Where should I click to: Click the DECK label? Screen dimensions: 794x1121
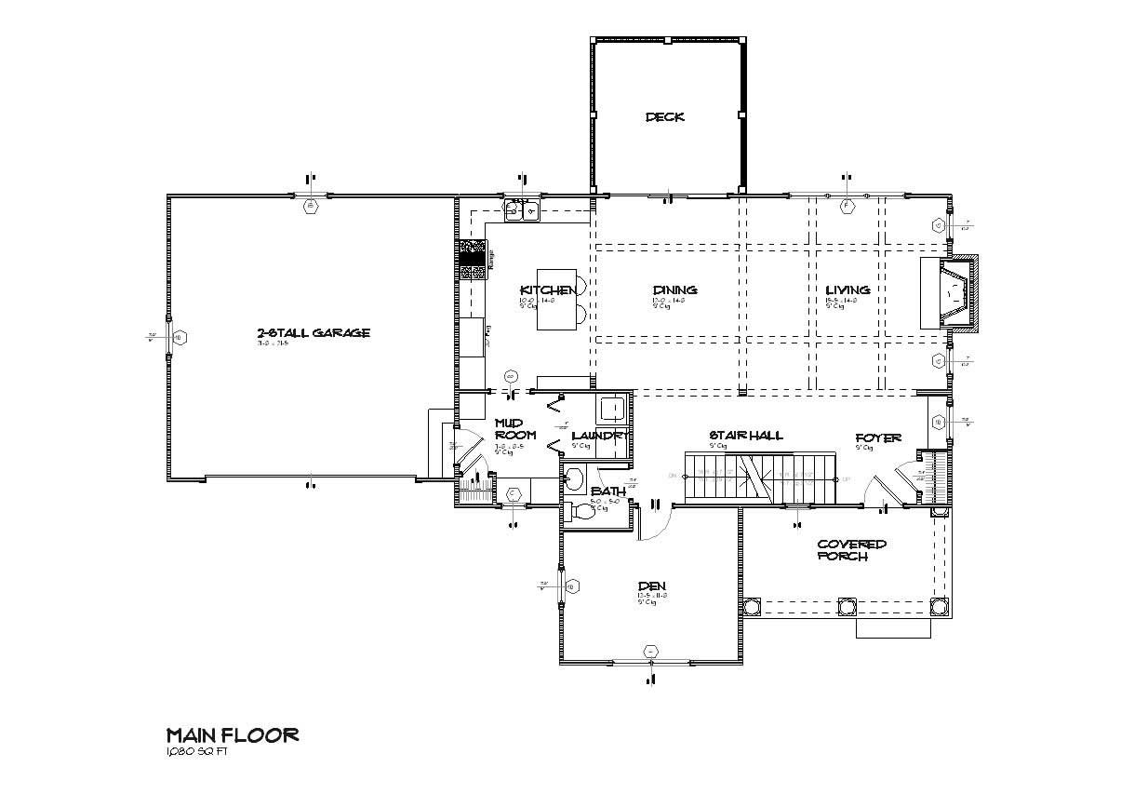point(665,116)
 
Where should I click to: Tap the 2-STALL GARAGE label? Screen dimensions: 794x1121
point(314,332)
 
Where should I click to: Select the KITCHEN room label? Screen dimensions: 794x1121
point(546,289)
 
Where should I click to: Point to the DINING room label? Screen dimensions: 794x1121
point(674,289)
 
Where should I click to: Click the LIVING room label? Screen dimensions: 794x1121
point(847,289)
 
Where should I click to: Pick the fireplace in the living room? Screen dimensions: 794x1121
point(951,293)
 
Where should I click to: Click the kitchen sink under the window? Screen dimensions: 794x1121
point(522,211)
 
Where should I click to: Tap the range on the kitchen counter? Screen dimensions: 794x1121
point(474,260)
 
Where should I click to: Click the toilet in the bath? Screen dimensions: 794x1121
point(581,511)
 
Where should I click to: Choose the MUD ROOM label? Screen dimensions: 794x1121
point(514,428)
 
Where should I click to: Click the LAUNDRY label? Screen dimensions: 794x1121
point(601,436)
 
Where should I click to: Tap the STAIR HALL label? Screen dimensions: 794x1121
point(745,435)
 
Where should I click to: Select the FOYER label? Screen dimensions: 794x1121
point(878,437)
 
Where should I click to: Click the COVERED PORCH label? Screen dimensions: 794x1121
point(851,550)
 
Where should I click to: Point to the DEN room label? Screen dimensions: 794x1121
point(651,585)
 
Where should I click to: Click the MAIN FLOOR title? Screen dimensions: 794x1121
point(232,735)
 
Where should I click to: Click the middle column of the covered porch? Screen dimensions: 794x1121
point(846,606)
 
